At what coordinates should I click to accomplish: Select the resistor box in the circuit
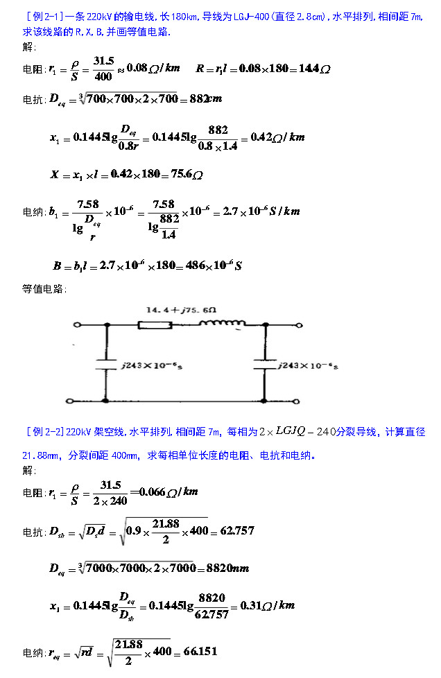tap(155, 324)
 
